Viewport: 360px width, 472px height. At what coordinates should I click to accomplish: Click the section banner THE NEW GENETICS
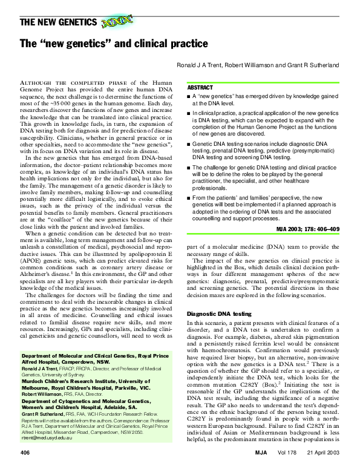[x=59, y=23]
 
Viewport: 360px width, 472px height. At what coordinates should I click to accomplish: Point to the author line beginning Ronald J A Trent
[x=257, y=65]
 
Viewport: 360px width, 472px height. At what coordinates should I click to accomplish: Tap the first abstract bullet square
[x=190, y=97]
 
